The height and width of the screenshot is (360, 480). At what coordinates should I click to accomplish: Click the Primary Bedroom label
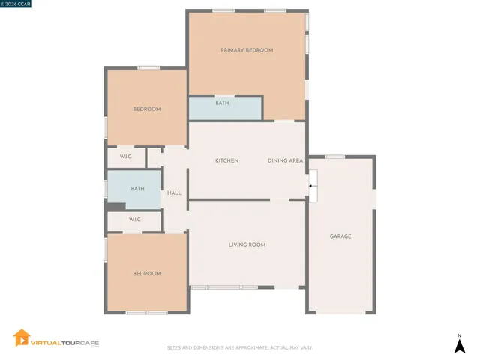pyautogui.click(x=247, y=50)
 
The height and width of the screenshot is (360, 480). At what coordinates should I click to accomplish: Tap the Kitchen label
pyautogui.click(x=226, y=161)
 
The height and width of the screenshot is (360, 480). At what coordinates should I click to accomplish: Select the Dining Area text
pyautogui.click(x=285, y=161)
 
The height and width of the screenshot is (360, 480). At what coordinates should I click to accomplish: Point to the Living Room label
pyautogui.click(x=247, y=245)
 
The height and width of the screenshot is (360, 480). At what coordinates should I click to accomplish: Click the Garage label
pyautogui.click(x=340, y=236)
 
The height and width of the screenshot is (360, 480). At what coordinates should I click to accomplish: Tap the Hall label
pyautogui.click(x=174, y=193)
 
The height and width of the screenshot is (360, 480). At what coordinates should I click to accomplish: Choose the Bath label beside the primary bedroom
pyautogui.click(x=222, y=103)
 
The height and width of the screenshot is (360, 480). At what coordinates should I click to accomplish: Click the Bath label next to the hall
pyautogui.click(x=137, y=189)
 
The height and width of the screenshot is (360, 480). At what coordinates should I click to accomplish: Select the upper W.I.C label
pyautogui.click(x=126, y=157)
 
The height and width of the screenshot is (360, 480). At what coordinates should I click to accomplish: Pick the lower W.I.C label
pyautogui.click(x=135, y=220)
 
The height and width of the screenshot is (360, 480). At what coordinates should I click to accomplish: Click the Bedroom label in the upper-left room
pyautogui.click(x=147, y=109)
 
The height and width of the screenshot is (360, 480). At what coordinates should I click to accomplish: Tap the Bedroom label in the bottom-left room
pyautogui.click(x=147, y=274)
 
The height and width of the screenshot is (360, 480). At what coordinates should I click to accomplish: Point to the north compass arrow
pyautogui.click(x=460, y=345)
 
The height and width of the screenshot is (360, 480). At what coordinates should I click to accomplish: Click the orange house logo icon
pyautogui.click(x=22, y=339)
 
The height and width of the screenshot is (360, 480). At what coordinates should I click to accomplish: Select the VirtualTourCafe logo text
pyautogui.click(x=64, y=343)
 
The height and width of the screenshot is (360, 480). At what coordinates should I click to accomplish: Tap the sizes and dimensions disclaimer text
pyautogui.click(x=239, y=347)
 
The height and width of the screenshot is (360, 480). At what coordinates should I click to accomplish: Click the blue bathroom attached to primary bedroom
pyautogui.click(x=225, y=109)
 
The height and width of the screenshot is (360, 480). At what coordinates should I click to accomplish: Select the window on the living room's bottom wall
pyautogui.click(x=223, y=287)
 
